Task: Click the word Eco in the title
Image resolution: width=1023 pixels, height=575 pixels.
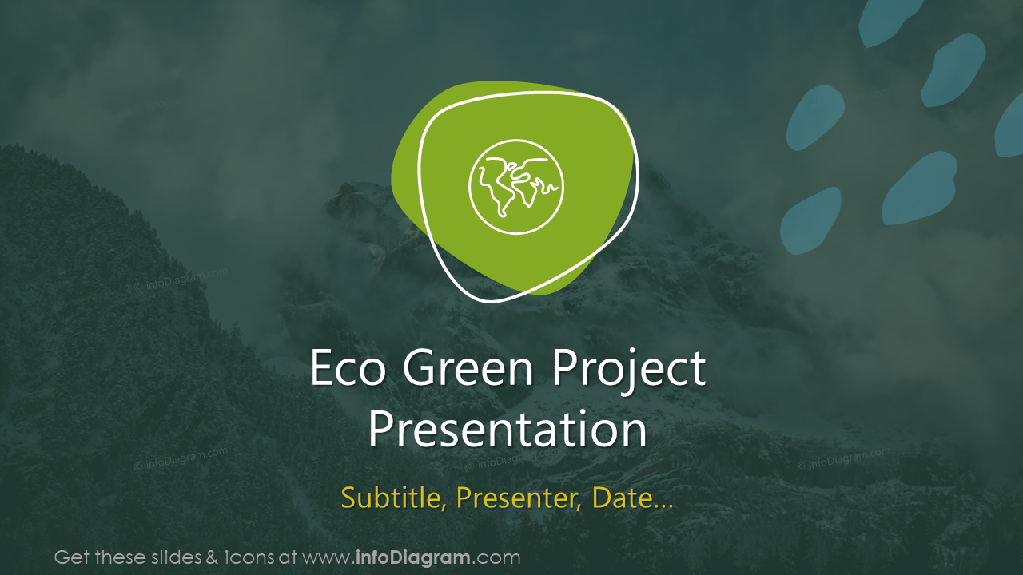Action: click(x=349, y=369)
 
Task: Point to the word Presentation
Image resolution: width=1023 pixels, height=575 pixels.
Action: click(x=508, y=430)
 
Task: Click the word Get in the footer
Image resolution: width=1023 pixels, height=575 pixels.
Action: click(x=70, y=557)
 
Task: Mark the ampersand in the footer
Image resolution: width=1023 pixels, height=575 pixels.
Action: click(x=213, y=557)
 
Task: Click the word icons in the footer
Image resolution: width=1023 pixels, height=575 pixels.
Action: click(x=246, y=557)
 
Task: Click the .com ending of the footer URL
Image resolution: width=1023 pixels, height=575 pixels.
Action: click(x=497, y=558)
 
